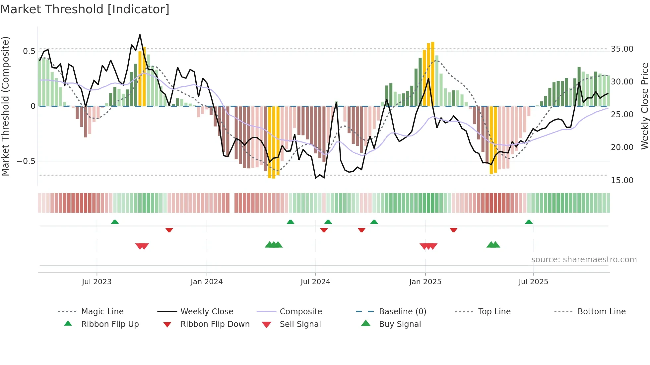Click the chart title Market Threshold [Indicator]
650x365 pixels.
coord(85,9)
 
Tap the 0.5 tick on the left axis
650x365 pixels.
coord(29,51)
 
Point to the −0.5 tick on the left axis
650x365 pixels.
coord(26,161)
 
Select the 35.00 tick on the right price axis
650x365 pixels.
coord(622,49)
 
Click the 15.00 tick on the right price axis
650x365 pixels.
coord(622,180)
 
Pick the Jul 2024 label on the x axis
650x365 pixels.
coord(315,282)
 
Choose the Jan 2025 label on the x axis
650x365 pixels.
coord(425,282)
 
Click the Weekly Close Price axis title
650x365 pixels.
coord(644,106)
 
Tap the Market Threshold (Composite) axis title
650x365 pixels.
coord(5,106)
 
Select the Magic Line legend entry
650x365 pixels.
coord(102,311)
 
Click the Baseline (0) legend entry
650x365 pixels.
coord(402,311)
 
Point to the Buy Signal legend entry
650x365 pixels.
coord(400,324)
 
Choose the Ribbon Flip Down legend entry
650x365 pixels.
coord(215,324)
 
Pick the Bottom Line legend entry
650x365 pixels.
coord(601,311)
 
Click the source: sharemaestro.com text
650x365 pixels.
coord(584,259)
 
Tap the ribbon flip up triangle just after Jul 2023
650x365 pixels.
coord(115,222)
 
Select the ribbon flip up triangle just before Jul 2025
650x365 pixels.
coord(529,222)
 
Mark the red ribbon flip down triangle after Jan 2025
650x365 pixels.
coord(453,230)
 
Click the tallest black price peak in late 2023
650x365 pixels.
coord(140,35)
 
